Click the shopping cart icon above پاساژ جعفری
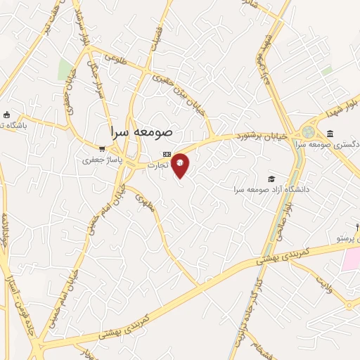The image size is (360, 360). (103, 149)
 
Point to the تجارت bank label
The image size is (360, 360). (158, 165)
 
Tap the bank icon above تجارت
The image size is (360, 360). (167, 154)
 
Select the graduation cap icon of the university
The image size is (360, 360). (271, 179)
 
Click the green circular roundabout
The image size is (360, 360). (309, 132)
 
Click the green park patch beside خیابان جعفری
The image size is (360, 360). (65, 69)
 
